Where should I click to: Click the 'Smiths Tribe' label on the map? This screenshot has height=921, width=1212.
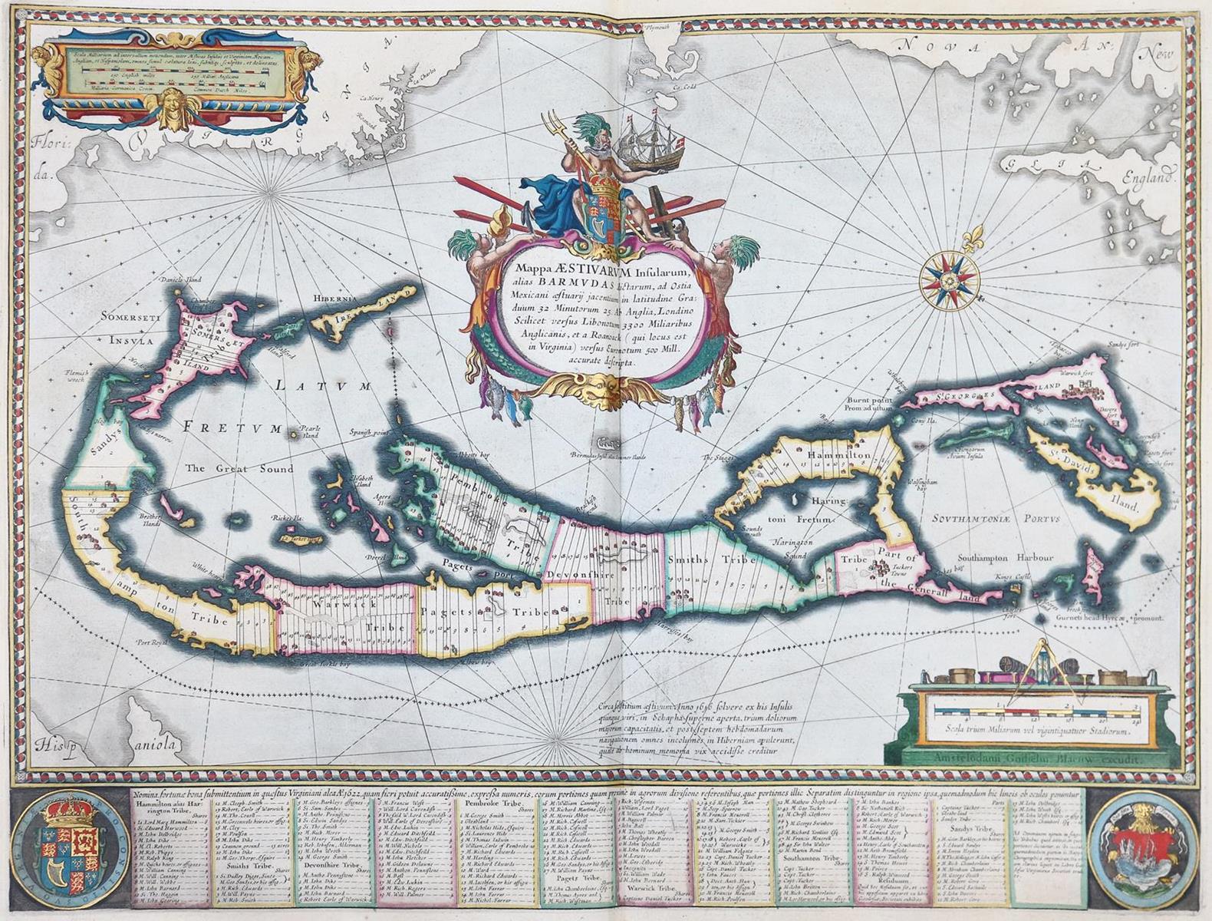tap(706, 560)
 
